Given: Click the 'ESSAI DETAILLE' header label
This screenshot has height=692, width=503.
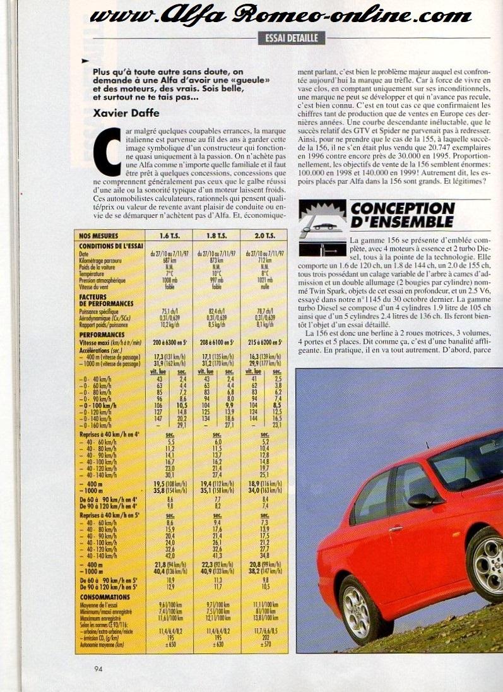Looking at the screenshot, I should [292, 38].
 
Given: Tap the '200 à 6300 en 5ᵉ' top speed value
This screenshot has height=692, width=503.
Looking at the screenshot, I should [169, 342].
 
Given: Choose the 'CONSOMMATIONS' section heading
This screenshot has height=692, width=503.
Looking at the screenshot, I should [105, 595].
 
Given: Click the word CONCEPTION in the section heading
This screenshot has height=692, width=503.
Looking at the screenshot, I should [401, 208].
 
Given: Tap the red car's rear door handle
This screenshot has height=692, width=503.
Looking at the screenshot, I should [396, 529].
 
